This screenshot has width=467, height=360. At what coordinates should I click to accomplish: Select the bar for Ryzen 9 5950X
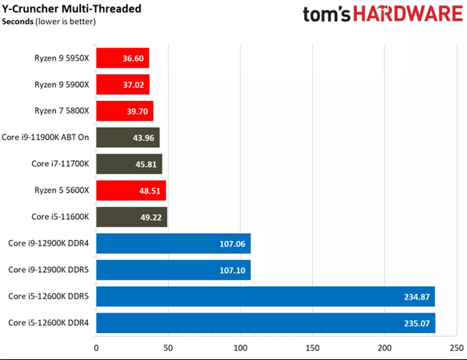[x=122, y=58]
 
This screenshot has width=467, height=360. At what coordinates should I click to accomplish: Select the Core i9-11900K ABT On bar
[x=128, y=138]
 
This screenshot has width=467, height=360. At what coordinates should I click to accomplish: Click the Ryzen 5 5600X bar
[x=131, y=190]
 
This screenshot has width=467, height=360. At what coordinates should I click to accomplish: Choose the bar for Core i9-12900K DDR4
[x=173, y=243]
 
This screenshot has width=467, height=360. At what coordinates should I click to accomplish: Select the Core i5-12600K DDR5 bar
[x=265, y=296]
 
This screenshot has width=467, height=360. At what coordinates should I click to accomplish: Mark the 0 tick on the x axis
[x=97, y=348]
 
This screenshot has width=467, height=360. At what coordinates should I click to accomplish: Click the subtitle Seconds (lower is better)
[x=49, y=22]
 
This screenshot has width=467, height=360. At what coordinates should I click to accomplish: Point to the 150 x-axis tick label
[x=312, y=348]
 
